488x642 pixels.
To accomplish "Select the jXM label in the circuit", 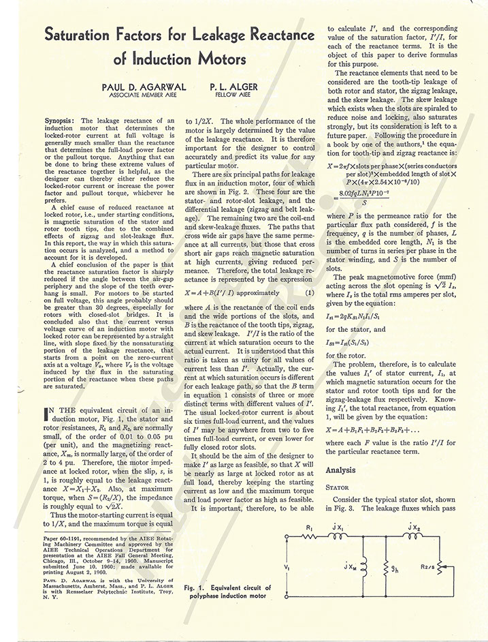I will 348,567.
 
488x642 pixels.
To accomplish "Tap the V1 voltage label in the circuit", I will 287,567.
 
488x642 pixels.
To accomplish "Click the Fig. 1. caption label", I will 196,587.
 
